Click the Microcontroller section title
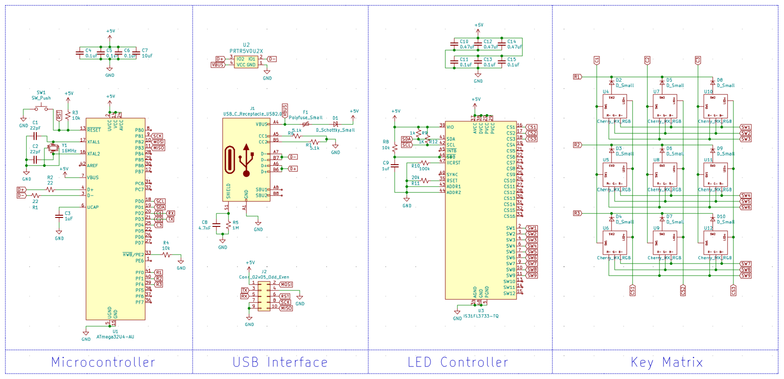pos(103,362)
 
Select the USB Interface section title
pos(280,362)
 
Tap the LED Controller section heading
pos(458,362)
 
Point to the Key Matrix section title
pos(667,362)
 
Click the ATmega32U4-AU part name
pos(115,337)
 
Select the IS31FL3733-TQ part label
pos(481,316)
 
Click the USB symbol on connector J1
pos(246,160)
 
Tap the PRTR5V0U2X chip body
pos(246,62)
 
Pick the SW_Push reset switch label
pos(41,98)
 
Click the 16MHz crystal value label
pos(69,151)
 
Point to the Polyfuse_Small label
pos(306,118)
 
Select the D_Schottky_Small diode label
pos(335,130)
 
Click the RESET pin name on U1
pos(94,130)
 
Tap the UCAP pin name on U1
pos(93,207)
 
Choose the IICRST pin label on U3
pos(453,163)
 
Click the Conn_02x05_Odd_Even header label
pos(264,277)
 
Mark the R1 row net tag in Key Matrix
pos(577,77)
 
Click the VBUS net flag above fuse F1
pos(285,110)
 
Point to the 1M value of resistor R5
pos(236,228)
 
